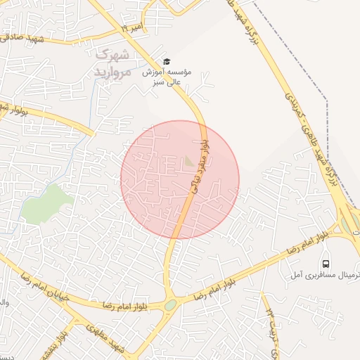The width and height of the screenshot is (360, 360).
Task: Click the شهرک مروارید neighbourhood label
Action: tap(112, 63)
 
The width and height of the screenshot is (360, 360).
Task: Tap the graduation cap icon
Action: tap(167, 61)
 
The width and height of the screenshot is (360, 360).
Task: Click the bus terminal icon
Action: tap(326, 264)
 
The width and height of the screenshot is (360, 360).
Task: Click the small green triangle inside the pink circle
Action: tap(189, 162)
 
